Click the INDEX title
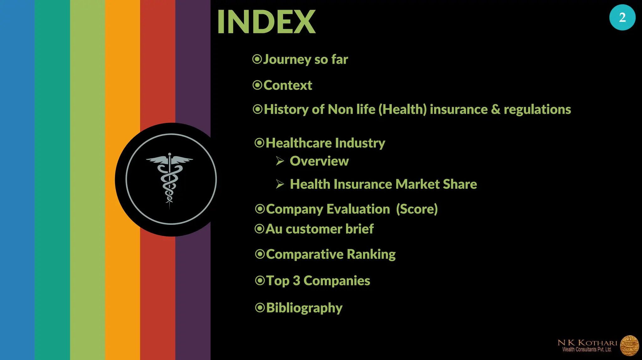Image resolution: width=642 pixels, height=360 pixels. [x=266, y=22]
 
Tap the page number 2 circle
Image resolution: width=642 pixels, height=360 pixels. [x=622, y=17]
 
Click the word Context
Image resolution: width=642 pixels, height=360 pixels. [x=287, y=85]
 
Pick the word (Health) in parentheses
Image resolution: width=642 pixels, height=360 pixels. [x=403, y=109]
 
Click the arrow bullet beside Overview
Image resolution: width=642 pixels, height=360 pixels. [x=280, y=161]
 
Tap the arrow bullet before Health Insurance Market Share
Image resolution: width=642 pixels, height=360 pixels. [x=280, y=184]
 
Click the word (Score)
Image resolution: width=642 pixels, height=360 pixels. [x=417, y=209]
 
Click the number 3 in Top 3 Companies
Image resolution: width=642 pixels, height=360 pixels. [x=296, y=281]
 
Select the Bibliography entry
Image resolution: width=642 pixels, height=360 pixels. [x=304, y=308]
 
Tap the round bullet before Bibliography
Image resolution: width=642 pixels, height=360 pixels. [x=260, y=308]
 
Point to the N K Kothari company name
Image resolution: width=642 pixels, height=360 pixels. [x=587, y=343]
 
